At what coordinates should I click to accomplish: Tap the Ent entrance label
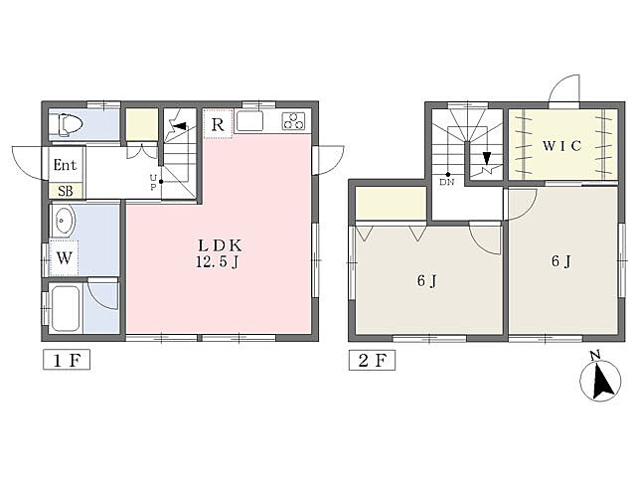[65, 165]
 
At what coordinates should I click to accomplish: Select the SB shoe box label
[66, 191]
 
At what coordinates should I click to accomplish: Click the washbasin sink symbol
[63, 221]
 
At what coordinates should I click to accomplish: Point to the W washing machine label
[64, 258]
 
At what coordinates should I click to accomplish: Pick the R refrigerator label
[218, 124]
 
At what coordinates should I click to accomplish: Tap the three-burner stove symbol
[293, 121]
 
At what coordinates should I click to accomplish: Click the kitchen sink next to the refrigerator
[249, 121]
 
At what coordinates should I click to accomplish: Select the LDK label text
[220, 245]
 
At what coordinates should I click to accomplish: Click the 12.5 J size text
[217, 262]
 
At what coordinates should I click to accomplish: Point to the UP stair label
[153, 183]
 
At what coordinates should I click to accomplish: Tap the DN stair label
[446, 182]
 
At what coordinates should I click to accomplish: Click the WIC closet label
[561, 146]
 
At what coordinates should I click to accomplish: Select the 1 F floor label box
[67, 360]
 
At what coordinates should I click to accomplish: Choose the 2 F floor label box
[372, 360]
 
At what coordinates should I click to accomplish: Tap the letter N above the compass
[595, 356]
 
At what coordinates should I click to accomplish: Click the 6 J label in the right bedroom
[560, 261]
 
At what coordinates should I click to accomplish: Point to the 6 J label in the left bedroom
[426, 280]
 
